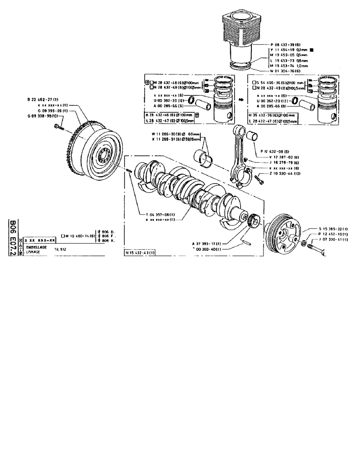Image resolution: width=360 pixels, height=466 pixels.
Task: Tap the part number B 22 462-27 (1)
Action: (x=41, y=100)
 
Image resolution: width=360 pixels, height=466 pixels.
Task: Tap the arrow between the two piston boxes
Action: (x=238, y=100)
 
